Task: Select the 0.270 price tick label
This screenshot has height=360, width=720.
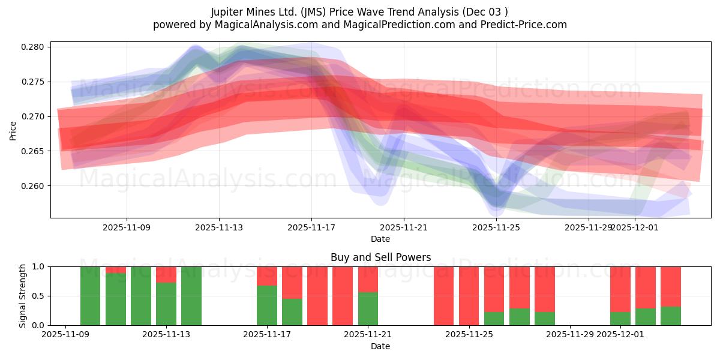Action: point(33,116)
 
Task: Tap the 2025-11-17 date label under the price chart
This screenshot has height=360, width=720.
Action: point(311,227)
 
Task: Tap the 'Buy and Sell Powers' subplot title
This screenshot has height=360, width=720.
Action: point(380,257)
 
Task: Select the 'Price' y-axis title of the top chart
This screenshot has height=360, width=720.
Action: point(13,130)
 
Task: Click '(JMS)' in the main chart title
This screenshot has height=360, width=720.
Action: point(315,12)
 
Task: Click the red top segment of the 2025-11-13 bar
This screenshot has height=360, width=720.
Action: point(166,274)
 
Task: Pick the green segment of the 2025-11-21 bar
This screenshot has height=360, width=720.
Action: point(368,308)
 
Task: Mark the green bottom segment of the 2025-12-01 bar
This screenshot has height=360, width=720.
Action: point(620,319)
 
